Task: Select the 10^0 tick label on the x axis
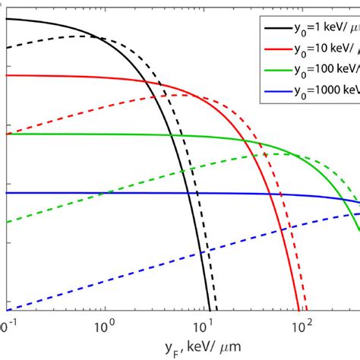(103, 325)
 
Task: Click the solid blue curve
(152, 193)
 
